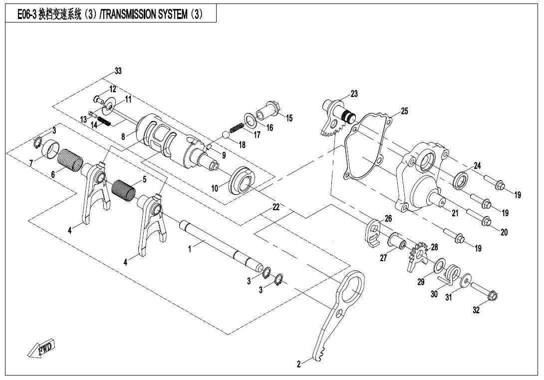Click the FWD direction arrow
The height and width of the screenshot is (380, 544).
point(42,348)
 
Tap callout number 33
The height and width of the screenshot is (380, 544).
point(117,70)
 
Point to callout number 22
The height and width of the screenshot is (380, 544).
point(275,206)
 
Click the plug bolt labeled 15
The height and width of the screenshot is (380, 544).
point(270,108)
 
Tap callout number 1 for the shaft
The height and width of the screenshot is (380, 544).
point(190,248)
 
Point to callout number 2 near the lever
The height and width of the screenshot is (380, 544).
point(299,364)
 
